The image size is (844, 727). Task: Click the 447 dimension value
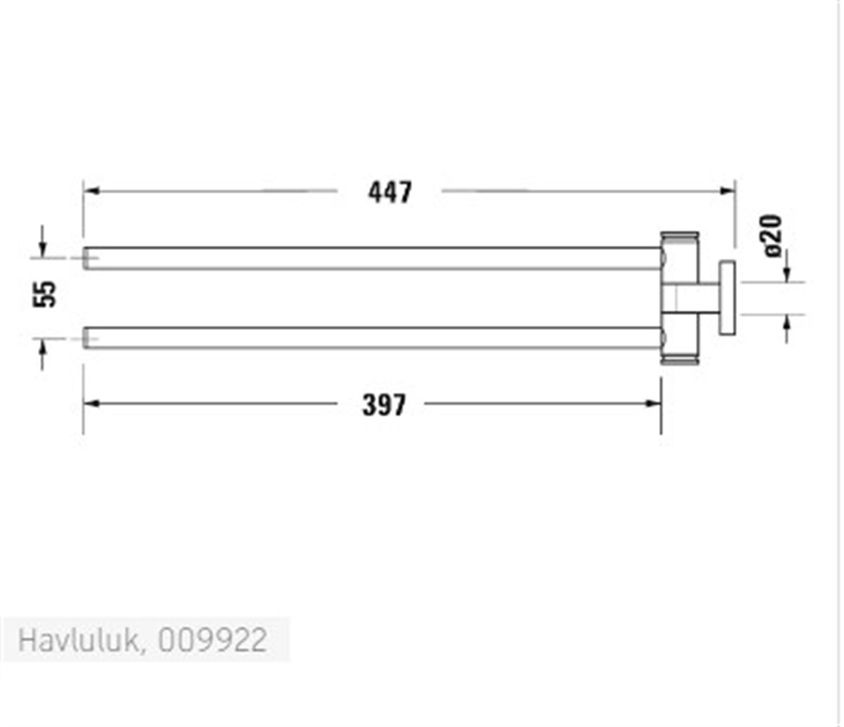(x=390, y=191)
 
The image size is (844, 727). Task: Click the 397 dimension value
(x=384, y=405)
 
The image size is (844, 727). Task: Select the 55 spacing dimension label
(x=45, y=293)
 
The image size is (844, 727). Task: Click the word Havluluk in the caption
(x=77, y=641)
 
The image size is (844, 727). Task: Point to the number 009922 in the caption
(x=212, y=641)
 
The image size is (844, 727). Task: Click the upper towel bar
(x=373, y=258)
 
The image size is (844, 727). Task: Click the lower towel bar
(x=373, y=338)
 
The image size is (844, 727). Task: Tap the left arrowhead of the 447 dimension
(x=90, y=191)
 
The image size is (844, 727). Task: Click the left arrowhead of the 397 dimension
(x=90, y=403)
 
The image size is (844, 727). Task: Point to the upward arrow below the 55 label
(x=42, y=346)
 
